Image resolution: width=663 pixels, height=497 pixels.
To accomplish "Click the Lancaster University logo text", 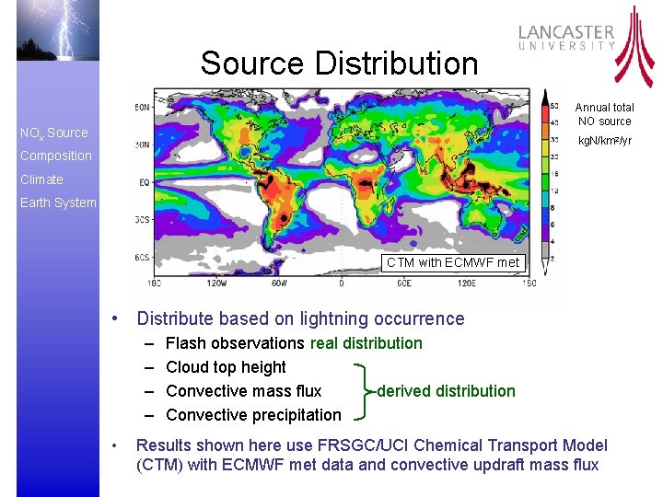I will (566, 37).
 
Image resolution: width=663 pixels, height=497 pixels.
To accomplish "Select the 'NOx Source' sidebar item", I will (54, 133).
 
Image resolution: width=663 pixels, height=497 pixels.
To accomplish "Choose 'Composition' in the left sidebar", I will (56, 156).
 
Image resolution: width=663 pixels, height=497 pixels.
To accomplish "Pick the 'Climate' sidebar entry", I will (41, 179).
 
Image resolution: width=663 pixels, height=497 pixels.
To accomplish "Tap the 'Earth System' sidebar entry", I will (58, 202).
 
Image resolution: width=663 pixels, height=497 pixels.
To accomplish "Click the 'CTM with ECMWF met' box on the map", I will (453, 262).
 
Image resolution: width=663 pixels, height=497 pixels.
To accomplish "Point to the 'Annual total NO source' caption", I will (604, 114).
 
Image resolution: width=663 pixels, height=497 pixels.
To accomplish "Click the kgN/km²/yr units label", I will (604, 141).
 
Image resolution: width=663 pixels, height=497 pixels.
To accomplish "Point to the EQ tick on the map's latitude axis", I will (145, 182).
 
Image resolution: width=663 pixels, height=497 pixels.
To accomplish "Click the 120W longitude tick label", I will (217, 282).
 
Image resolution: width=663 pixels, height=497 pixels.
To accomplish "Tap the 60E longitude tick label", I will (403, 282).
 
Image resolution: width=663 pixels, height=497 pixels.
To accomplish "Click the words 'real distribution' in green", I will (366, 343).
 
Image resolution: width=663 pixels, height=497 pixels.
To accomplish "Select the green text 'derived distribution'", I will (446, 391).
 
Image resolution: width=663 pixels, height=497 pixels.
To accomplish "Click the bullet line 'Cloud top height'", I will (226, 367).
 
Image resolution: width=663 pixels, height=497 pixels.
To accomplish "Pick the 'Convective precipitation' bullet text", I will (253, 415).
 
